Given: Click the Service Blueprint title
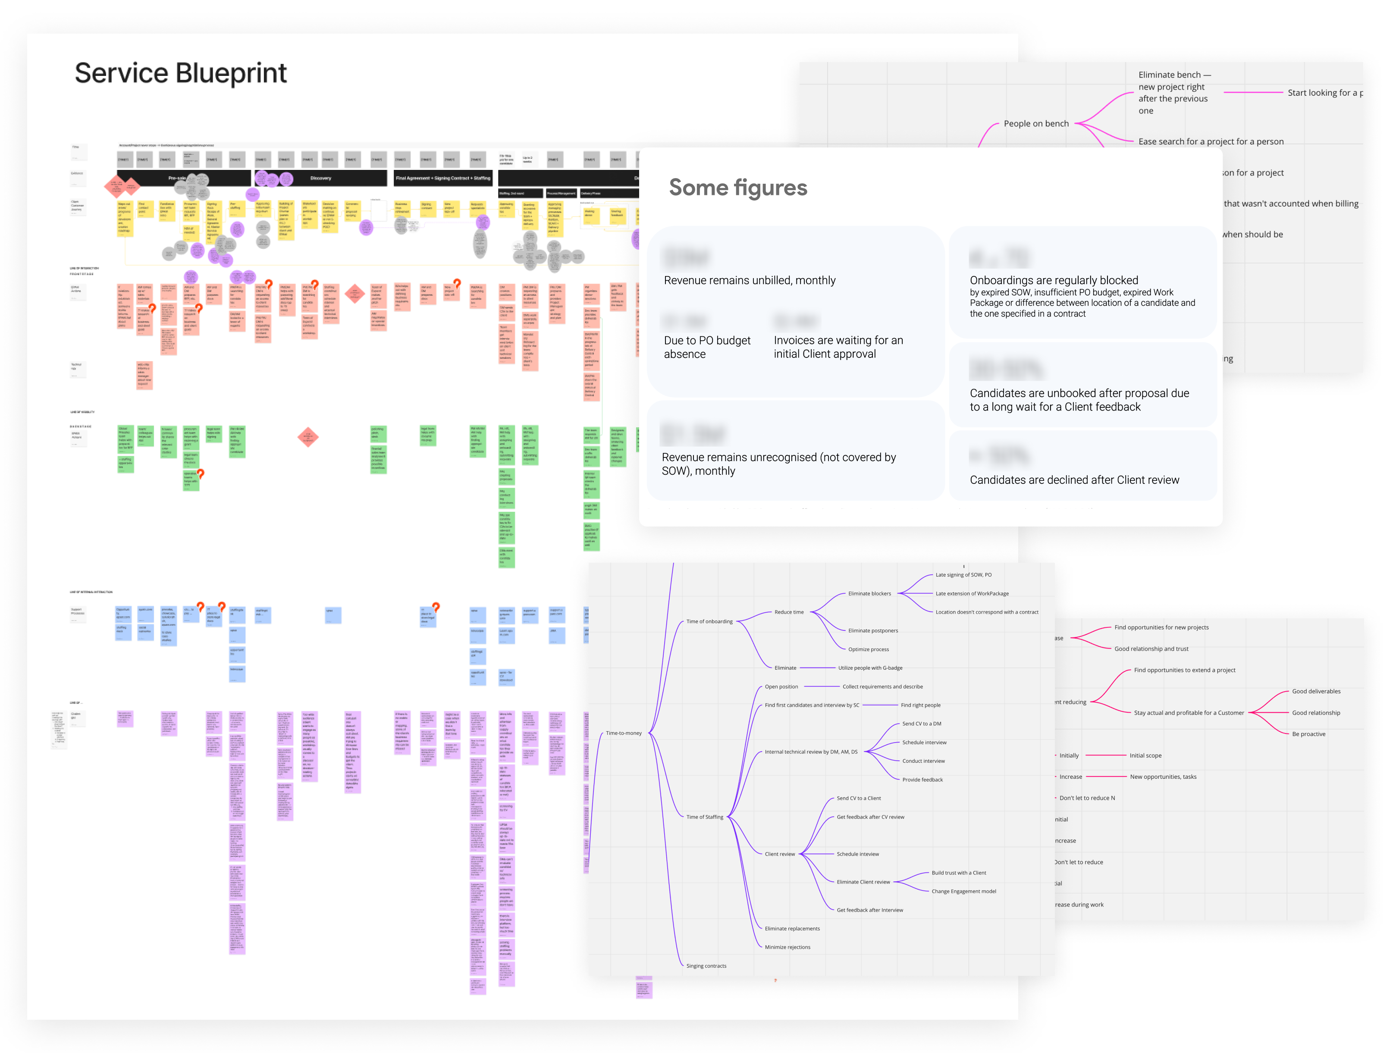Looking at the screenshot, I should [181, 73].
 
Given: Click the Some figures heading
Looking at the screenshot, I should [738, 188].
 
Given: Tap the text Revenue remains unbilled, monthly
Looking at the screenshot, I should [749, 280].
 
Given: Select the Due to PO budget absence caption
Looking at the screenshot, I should [707, 347].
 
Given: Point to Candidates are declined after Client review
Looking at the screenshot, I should [1074, 479].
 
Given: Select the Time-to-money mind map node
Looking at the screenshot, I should [624, 733].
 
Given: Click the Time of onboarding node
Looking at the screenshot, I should [709, 621].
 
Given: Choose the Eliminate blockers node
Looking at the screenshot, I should [869, 594].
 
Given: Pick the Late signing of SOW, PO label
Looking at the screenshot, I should [963, 575].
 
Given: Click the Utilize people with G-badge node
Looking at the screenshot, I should [870, 668].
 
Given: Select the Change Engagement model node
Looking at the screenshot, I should [964, 891].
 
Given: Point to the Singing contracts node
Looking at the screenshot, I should [706, 966].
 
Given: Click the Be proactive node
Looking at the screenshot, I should [1308, 734].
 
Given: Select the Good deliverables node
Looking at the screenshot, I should [1316, 692].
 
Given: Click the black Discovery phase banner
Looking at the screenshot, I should [320, 178].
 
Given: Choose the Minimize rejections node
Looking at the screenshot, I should [787, 947].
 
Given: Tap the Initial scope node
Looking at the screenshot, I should [1145, 755].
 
